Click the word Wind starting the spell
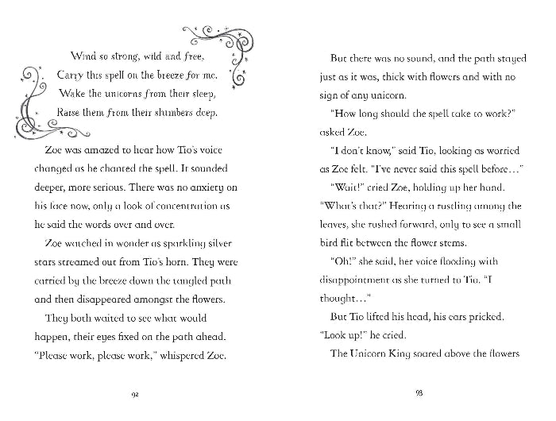83,56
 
